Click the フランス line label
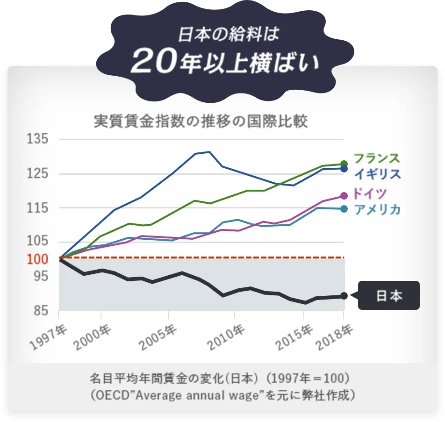[x=377, y=158]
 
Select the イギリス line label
[x=377, y=174]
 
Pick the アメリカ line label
[x=377, y=209]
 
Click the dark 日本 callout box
[x=389, y=296]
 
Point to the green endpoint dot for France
[x=344, y=164]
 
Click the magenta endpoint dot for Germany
[x=344, y=196]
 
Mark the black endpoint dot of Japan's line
[x=344, y=296]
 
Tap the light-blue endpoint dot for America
[x=344, y=209]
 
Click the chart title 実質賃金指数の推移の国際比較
[x=201, y=122]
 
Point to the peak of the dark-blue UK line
[x=209, y=151]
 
